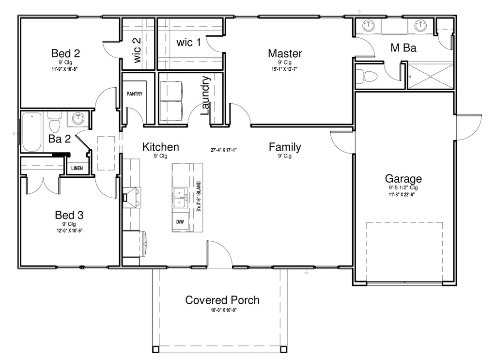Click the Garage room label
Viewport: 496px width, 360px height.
coord(403,179)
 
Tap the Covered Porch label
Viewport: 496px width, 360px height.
coord(222,300)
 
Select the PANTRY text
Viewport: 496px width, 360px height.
coord(135,94)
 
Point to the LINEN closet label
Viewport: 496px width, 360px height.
coord(77,168)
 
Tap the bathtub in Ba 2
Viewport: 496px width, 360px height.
coord(31,132)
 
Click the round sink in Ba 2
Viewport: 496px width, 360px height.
coord(78,119)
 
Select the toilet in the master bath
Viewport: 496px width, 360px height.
coord(367,76)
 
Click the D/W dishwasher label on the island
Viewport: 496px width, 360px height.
coord(180,222)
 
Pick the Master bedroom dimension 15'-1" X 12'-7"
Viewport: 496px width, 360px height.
coord(285,69)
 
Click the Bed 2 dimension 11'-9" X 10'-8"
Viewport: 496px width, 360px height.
coord(64,69)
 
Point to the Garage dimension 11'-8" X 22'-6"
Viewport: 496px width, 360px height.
coord(402,195)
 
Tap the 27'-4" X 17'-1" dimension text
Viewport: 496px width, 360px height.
coord(224,150)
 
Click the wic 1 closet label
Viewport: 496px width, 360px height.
coord(188,42)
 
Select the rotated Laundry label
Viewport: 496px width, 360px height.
coord(205,95)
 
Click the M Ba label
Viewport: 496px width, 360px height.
coord(403,48)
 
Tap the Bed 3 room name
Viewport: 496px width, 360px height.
coord(69,215)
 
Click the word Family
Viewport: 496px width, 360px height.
coord(285,147)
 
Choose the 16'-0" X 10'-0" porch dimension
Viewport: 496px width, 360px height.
coord(224,310)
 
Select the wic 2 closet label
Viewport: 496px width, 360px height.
coord(137,50)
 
